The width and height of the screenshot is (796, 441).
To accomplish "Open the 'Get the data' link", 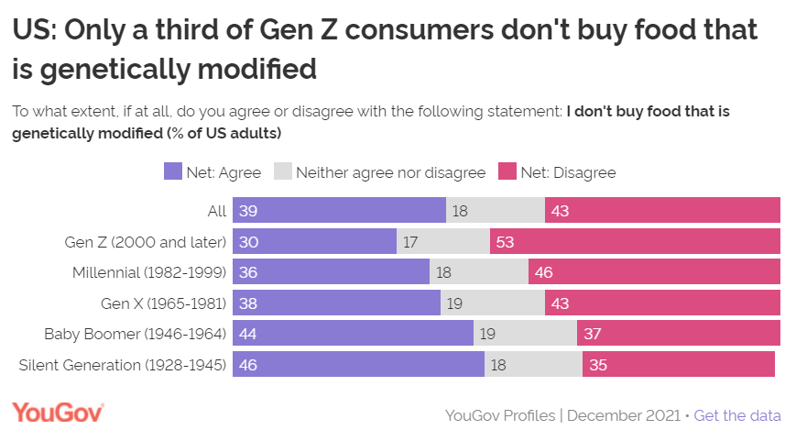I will click(x=737, y=415).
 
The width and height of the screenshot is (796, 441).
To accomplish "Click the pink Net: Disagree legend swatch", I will click(x=507, y=171).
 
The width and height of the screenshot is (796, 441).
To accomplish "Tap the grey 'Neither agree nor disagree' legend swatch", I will click(x=283, y=171).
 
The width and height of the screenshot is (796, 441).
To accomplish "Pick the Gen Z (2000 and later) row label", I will click(x=146, y=242).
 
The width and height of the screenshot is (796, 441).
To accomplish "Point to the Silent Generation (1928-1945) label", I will click(x=123, y=365).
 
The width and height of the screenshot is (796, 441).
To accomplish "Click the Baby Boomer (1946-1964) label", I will click(x=136, y=334).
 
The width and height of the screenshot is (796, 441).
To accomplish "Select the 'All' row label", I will click(x=216, y=211).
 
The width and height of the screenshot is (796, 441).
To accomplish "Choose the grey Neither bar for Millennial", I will click(x=479, y=272).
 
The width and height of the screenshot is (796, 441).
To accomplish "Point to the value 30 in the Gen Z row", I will click(x=248, y=242).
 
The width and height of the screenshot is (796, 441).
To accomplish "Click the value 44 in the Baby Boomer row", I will click(x=248, y=334).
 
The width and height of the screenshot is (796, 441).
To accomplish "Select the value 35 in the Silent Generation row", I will click(x=598, y=365).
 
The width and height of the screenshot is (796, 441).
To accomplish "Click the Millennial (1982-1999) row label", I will click(x=149, y=272).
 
